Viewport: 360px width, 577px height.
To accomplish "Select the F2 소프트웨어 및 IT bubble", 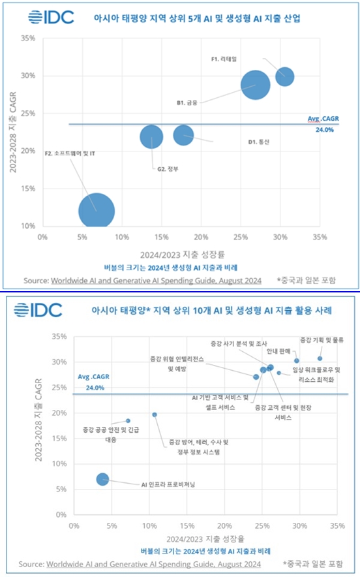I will (x=97, y=211).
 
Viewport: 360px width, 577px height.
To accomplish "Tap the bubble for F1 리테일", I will (x=284, y=76).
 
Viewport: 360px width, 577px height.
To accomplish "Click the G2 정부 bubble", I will (x=151, y=137).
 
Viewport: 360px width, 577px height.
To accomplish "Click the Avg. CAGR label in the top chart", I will (x=323, y=119).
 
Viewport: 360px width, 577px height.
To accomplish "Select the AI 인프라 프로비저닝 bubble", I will (x=102, y=479).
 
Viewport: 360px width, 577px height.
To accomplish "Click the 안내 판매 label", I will (x=272, y=351).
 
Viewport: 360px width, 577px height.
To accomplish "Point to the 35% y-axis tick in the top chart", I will (x=27, y=39).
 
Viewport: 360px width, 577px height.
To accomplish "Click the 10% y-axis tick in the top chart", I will (x=27, y=226).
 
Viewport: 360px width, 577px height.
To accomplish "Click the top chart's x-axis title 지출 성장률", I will (x=181, y=255).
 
